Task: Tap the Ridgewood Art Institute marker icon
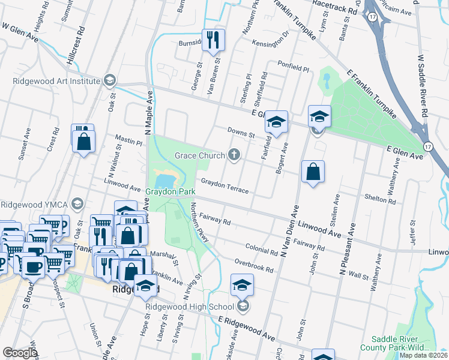(109, 80)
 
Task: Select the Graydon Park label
(170, 192)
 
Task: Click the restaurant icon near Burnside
(213, 40)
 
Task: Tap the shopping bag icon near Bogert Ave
(313, 172)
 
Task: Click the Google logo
(20, 353)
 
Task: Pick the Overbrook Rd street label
(254, 266)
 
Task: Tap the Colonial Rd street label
(262, 249)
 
